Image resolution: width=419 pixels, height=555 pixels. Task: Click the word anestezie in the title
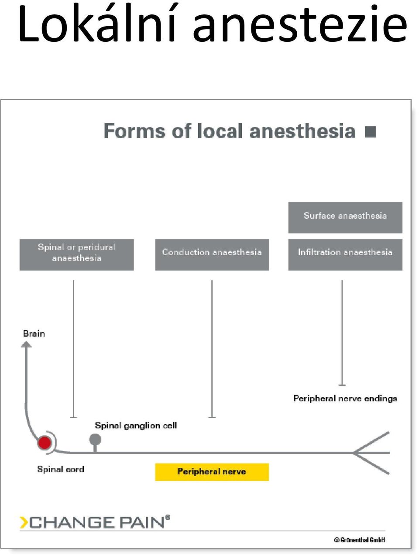point(300,26)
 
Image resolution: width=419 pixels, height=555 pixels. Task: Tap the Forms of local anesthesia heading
point(230,131)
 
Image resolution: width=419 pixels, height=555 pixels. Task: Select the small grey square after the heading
point(371,132)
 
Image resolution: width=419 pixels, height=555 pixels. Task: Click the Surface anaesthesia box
point(345,217)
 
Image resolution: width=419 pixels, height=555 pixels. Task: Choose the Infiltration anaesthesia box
point(345,254)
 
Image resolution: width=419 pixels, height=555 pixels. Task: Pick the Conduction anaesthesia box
point(212,254)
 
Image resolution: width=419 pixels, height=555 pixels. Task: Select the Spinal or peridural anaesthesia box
point(76,254)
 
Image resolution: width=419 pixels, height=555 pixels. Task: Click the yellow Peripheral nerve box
point(212,472)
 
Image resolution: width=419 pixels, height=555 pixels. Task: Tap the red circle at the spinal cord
point(45,443)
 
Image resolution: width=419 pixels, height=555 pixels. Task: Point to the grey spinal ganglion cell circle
point(95,440)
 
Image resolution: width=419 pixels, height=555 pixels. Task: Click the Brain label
point(34,334)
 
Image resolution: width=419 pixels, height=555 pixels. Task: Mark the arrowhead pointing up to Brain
point(26,344)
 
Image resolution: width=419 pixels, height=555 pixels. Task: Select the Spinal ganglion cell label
point(136,426)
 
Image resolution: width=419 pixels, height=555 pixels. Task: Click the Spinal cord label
point(61,469)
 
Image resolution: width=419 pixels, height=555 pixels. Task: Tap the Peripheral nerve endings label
point(345,399)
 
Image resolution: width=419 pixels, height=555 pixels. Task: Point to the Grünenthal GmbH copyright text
point(360,540)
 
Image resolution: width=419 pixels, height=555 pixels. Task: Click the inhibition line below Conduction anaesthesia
point(212,349)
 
